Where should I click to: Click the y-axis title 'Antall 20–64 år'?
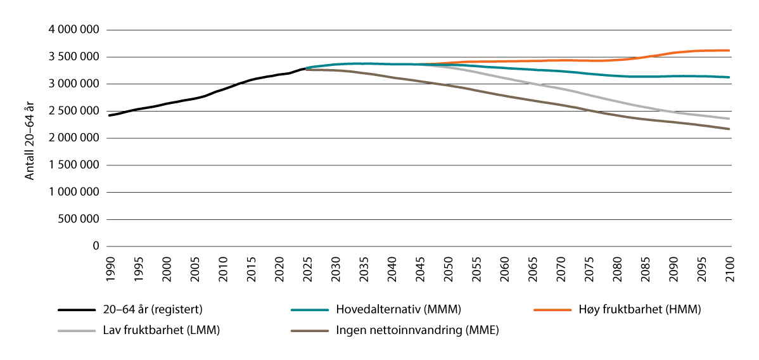pos(29,138)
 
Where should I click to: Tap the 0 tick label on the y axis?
pos(96,247)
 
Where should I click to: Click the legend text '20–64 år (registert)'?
pos(153,310)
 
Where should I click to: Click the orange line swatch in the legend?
pos(552,310)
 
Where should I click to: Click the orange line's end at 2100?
pos(729,50)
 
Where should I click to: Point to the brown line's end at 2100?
pos(729,129)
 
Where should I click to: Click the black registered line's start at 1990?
pos(109,115)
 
